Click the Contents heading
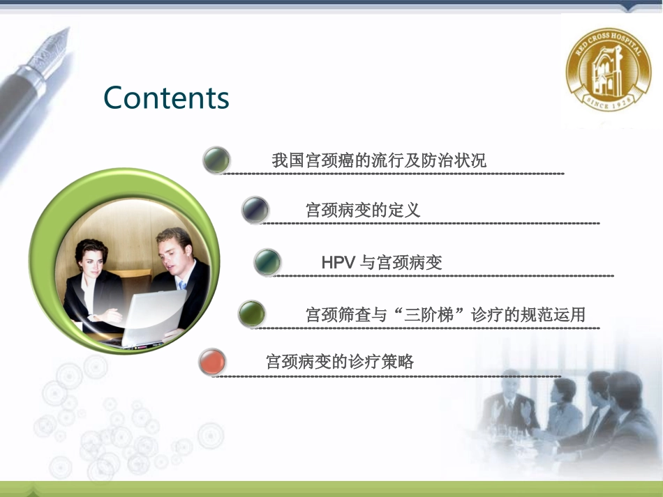pyautogui.click(x=166, y=98)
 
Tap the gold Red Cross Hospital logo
pyautogui.click(x=608, y=72)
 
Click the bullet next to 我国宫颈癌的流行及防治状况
pyautogui.click(x=216, y=160)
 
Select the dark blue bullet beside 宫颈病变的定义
pyautogui.click(x=255, y=209)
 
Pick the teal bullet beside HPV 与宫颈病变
pyautogui.click(x=267, y=262)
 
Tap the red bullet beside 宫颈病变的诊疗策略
pyautogui.click(x=212, y=362)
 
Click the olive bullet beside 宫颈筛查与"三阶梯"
pyautogui.click(x=251, y=314)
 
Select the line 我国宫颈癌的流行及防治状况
pyautogui.click(x=378, y=160)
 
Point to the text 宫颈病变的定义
pyautogui.click(x=363, y=210)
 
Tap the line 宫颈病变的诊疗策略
pyautogui.click(x=340, y=362)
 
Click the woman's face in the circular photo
pyautogui.click(x=91, y=257)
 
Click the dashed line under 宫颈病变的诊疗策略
pyautogui.click(x=387, y=376)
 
